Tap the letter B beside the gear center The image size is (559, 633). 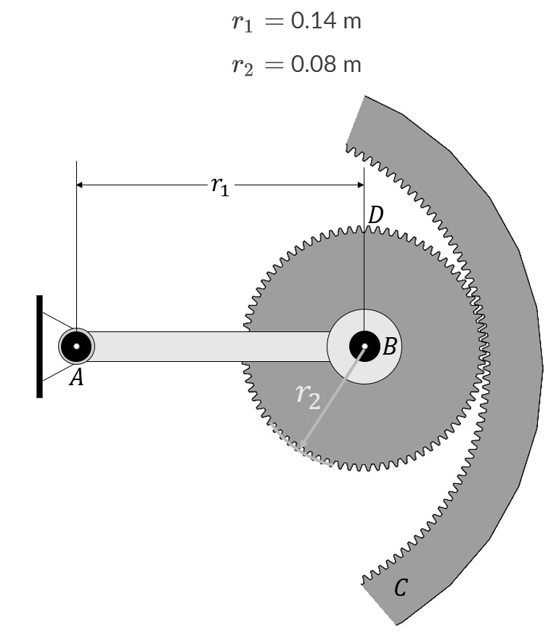388,347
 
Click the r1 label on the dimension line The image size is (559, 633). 219,186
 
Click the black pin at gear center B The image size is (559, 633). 363,347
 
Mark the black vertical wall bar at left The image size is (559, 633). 40,347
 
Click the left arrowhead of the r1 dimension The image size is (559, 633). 81,185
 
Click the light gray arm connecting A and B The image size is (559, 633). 211,347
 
